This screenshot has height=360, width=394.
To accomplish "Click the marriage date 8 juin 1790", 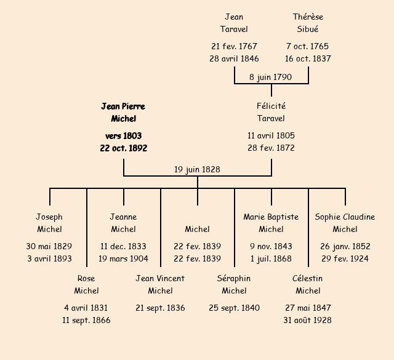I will pyautogui.click(x=271, y=78).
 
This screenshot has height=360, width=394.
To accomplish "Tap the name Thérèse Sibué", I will pyautogui.click(x=308, y=23).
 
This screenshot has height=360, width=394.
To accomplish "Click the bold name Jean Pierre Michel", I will pyautogui.click(x=123, y=113).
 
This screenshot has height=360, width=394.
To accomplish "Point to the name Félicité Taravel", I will pyautogui.click(x=271, y=113).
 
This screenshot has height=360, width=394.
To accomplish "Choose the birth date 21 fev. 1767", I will pyautogui.click(x=234, y=47).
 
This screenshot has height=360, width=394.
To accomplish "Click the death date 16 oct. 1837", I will pyautogui.click(x=308, y=59).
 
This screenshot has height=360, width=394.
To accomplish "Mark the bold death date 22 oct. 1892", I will pyautogui.click(x=123, y=148).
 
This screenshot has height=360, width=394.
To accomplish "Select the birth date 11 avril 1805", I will pyautogui.click(x=271, y=136).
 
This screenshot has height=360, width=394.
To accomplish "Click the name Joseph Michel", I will pyautogui.click(x=49, y=223).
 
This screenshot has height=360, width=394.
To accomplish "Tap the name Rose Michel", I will pyautogui.click(x=86, y=285).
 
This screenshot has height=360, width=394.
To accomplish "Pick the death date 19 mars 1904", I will pyautogui.click(x=123, y=259).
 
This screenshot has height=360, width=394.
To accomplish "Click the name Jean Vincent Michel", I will pyautogui.click(x=160, y=285).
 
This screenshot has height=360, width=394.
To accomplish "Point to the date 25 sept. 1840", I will pyautogui.click(x=234, y=308).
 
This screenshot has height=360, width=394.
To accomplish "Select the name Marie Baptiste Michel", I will pyautogui.click(x=271, y=223).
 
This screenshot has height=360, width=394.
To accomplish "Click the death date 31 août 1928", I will pyautogui.click(x=308, y=321).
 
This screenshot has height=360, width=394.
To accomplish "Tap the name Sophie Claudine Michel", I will pyautogui.click(x=345, y=223).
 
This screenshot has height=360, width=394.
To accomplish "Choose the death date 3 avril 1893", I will pyautogui.click(x=49, y=259).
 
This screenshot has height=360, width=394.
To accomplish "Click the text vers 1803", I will pyautogui.click(x=123, y=136).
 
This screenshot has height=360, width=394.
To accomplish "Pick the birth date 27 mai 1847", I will pyautogui.click(x=308, y=308).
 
